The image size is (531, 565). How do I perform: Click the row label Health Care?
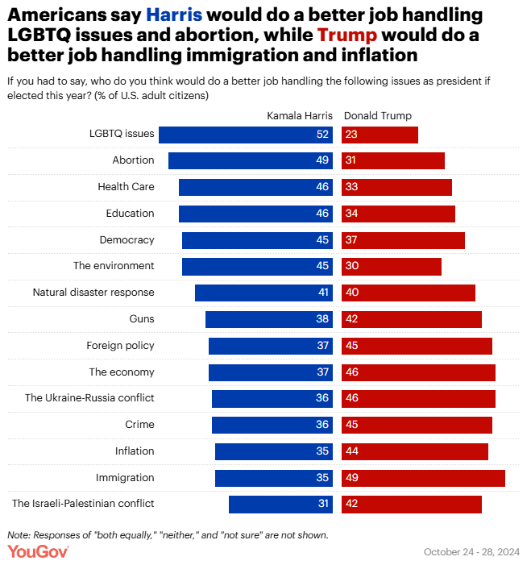pyautogui.click(x=126, y=187)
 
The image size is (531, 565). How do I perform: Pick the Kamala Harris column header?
pyautogui.click(x=300, y=115)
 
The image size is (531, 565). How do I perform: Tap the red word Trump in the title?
pyautogui.click(x=348, y=35)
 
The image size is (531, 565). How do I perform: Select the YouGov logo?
pyautogui.click(x=38, y=550)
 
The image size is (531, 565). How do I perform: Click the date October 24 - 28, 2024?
pyautogui.click(x=471, y=552)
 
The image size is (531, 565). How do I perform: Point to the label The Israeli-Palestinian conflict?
pyautogui.click(x=83, y=504)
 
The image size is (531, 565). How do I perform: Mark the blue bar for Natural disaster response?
pyautogui.click(x=258, y=293)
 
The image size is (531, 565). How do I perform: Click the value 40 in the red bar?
pyautogui.click(x=351, y=293)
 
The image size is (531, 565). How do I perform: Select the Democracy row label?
pyautogui.click(x=127, y=240)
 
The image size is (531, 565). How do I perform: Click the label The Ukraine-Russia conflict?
pyautogui.click(x=89, y=398)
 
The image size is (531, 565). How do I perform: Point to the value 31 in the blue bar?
pyautogui.click(x=322, y=505)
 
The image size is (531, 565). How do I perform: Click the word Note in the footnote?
pyautogui.click(x=16, y=535)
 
